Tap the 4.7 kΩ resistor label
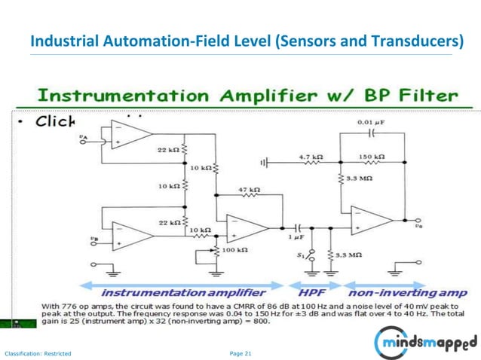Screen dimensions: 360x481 tap(311, 157)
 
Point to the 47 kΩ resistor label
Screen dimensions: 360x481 tap(249, 189)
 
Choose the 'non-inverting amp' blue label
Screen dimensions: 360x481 tap(402, 291)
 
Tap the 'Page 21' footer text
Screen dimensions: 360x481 tap(240, 353)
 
